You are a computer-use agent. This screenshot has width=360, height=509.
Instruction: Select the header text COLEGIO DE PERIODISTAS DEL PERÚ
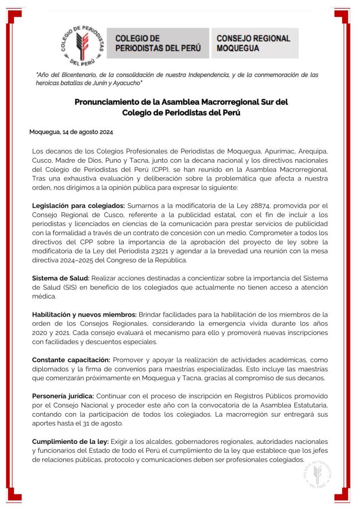click(158, 43)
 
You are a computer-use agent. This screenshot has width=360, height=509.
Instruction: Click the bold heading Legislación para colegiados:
click(79, 205)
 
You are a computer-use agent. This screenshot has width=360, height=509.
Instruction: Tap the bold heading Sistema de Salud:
click(61, 278)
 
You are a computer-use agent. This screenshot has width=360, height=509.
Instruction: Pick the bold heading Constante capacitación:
click(71, 359)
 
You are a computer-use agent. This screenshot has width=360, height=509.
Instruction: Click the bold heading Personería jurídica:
click(63, 396)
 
